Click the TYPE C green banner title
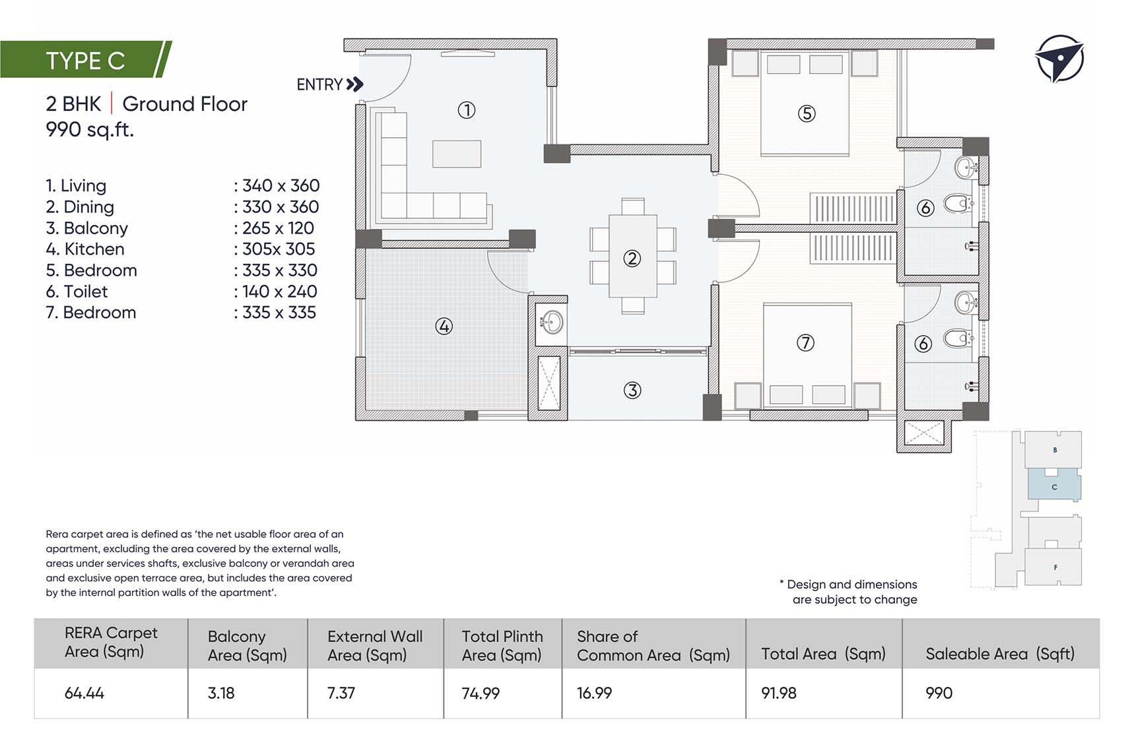[x=85, y=61]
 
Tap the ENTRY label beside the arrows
[x=319, y=84]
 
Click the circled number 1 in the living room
[x=467, y=110]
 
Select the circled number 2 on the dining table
[x=632, y=258]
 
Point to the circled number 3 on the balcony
[x=632, y=391]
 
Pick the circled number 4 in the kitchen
[x=444, y=326]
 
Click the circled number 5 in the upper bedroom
[x=807, y=113]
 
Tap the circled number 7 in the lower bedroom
[x=805, y=342]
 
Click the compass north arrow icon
[x=1059, y=58]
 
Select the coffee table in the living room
[x=457, y=154]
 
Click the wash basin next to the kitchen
[x=550, y=323]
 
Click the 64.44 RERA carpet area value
[x=84, y=693]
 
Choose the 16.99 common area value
[x=594, y=693]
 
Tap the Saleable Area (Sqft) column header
[x=1000, y=654]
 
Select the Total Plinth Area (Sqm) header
[x=502, y=646]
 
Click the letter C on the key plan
[x=1054, y=487]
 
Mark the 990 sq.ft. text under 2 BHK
[x=90, y=129]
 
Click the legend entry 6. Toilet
[x=77, y=291]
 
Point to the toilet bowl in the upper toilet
[x=956, y=203]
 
